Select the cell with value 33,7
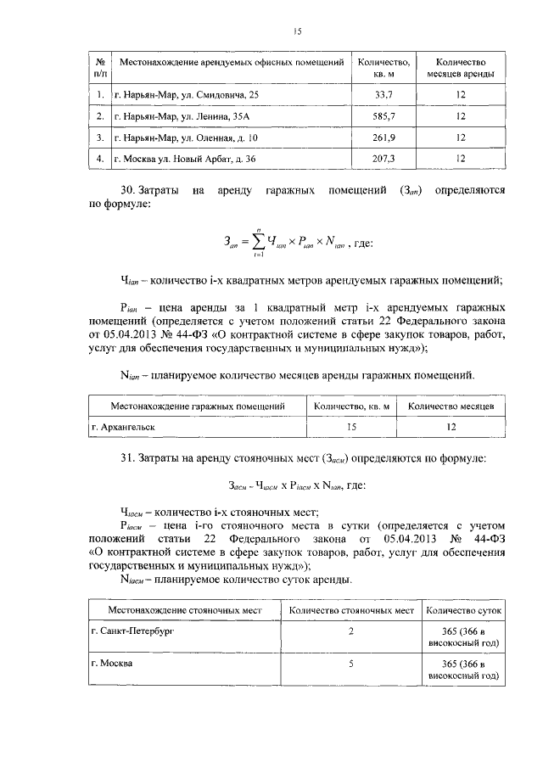pyautogui.click(x=383, y=94)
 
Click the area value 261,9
pyautogui.click(x=383, y=137)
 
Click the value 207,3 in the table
pyautogui.click(x=383, y=158)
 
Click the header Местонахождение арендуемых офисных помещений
pyautogui.click(x=232, y=63)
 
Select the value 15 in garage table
pyautogui.click(x=351, y=428)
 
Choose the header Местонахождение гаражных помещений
pyautogui.click(x=197, y=406)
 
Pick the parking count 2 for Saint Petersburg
pyautogui.click(x=350, y=632)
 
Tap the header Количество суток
pyautogui.click(x=464, y=610)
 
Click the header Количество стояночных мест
pyautogui.click(x=351, y=610)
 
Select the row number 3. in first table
pyautogui.click(x=100, y=137)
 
